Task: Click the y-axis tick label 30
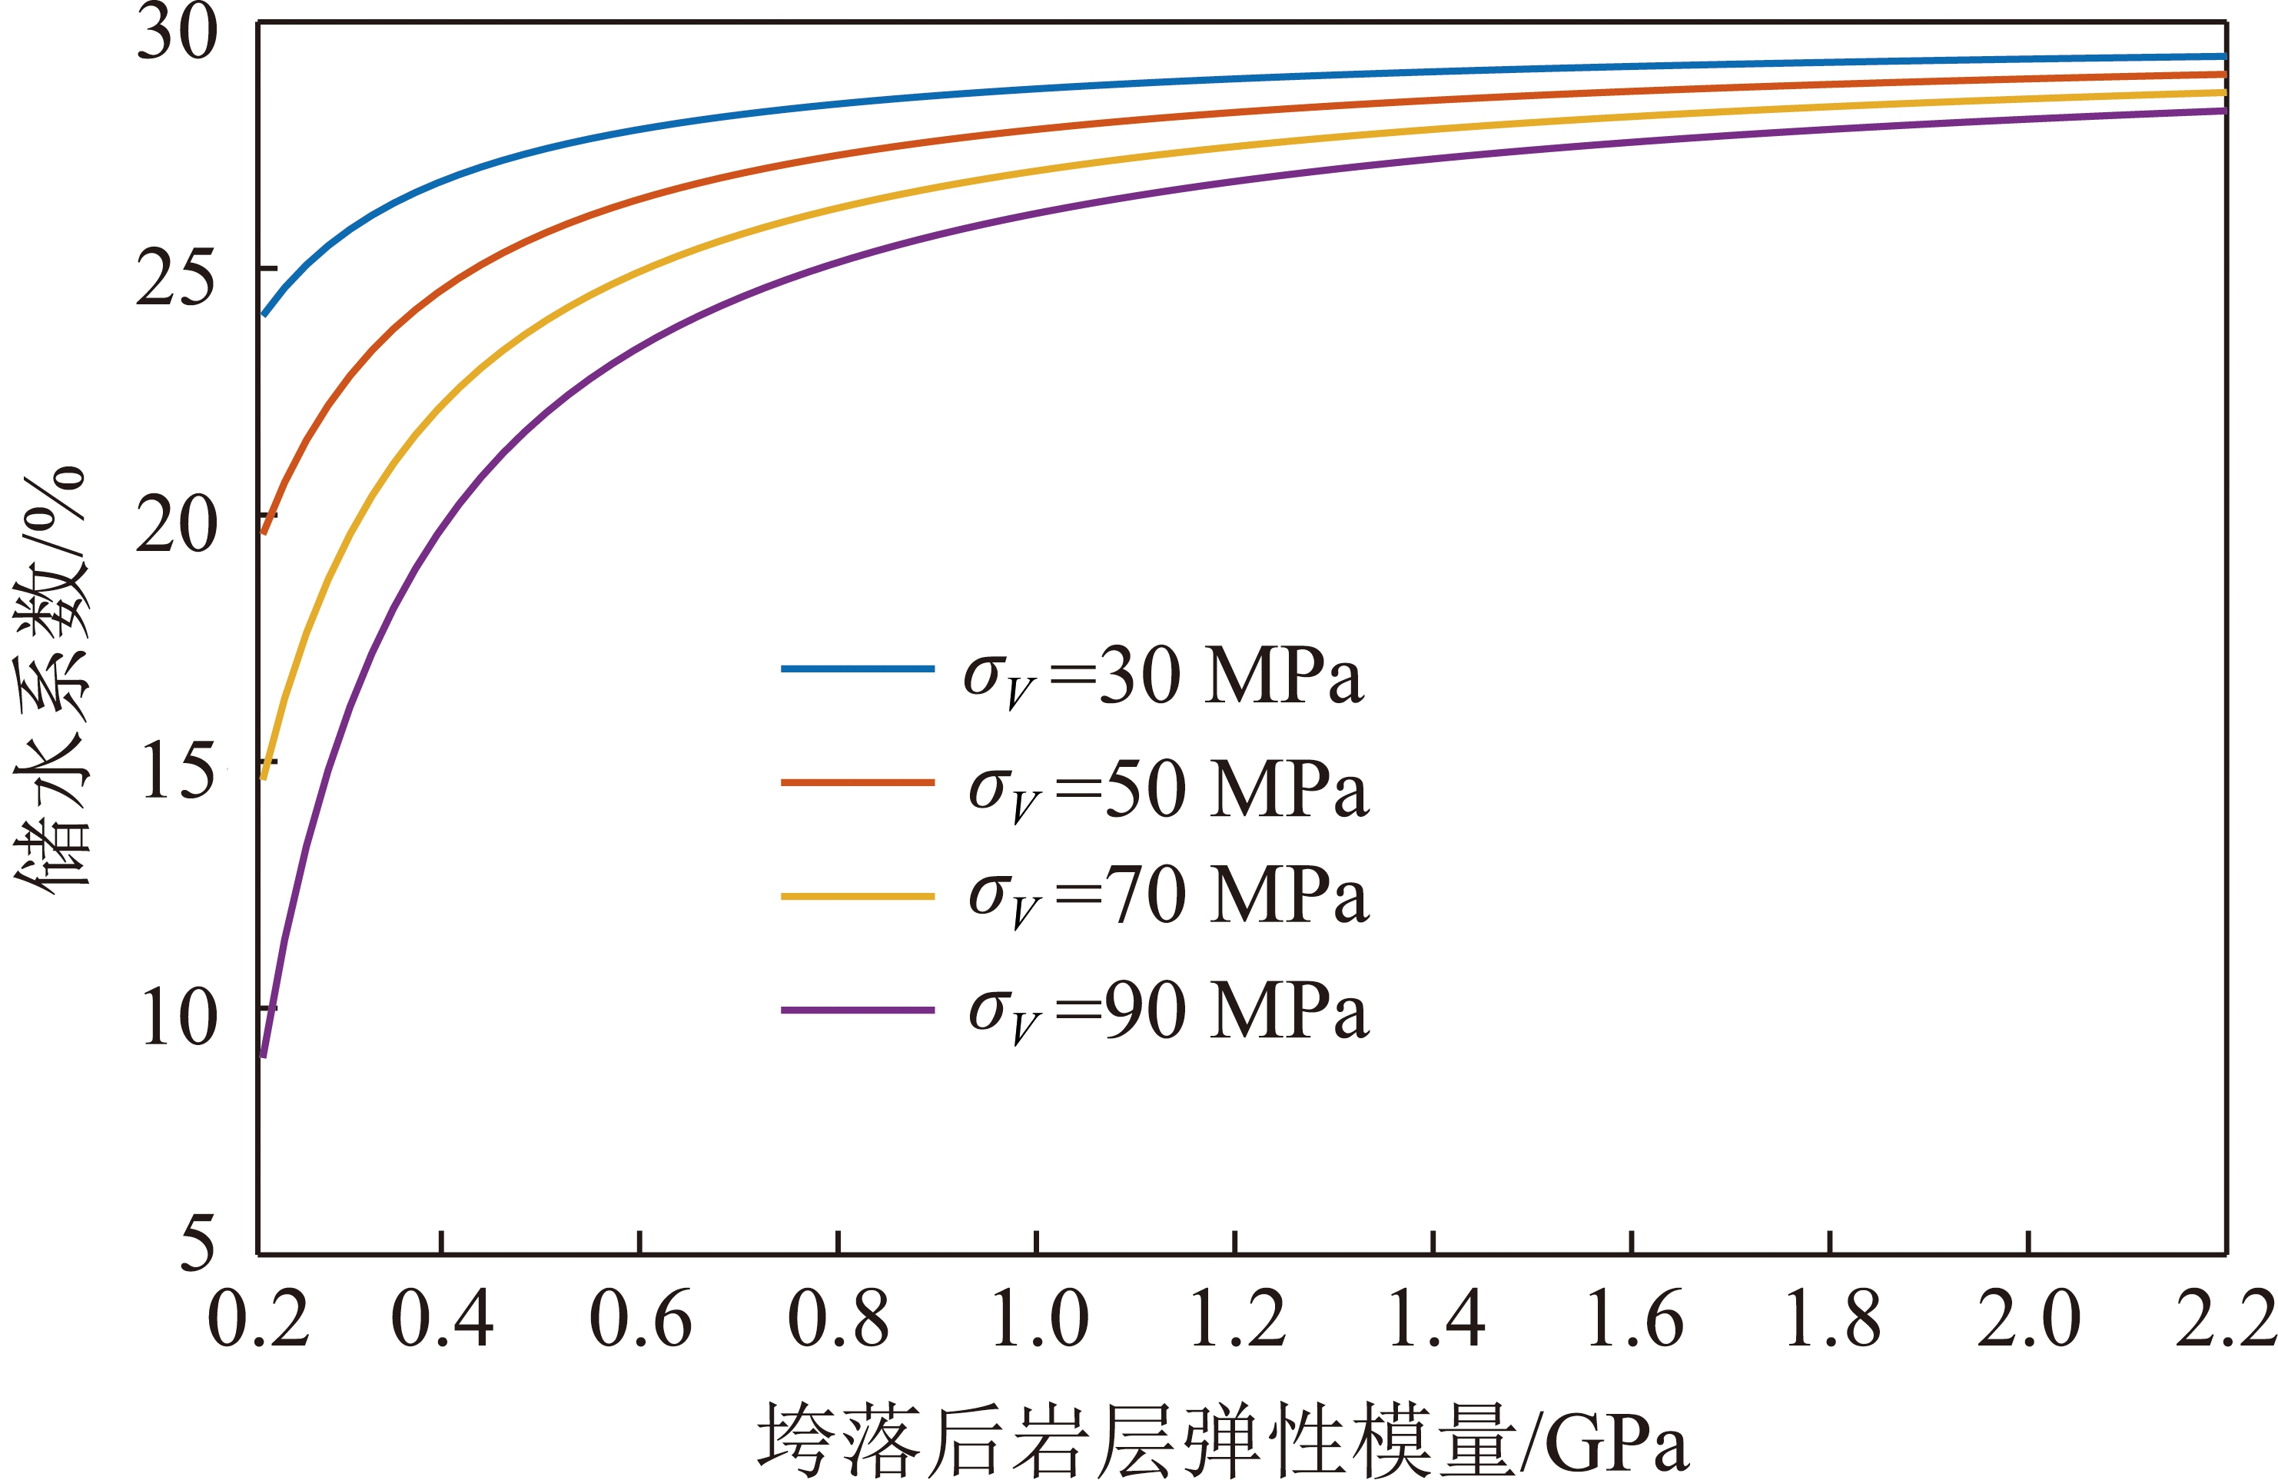[x=177, y=32]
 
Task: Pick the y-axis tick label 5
[x=198, y=1243]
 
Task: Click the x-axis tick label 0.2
[x=258, y=1319]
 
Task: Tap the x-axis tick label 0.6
[x=640, y=1319]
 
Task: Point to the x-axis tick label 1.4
[x=1436, y=1319]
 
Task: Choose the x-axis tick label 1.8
[x=1832, y=1319]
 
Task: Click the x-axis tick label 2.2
[x=2226, y=1319]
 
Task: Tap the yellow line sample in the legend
[x=858, y=897]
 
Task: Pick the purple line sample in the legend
[x=858, y=1010]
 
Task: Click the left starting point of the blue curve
[x=263, y=315]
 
